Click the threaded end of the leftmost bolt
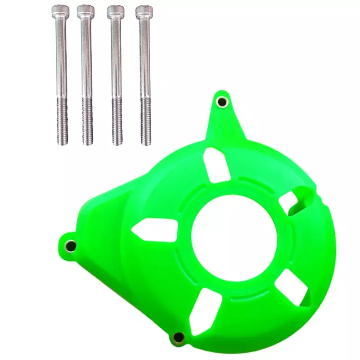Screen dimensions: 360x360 click(x=62, y=121)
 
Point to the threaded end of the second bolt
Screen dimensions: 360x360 click(x=87, y=121)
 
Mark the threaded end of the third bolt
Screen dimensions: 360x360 click(x=117, y=121)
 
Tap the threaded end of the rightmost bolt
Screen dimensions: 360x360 click(x=146, y=121)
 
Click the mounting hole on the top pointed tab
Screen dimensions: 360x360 click(x=222, y=102)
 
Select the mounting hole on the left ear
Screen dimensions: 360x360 click(x=71, y=245)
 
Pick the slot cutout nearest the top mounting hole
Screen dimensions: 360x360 click(x=216, y=164)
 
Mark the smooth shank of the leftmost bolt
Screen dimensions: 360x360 click(x=61, y=58)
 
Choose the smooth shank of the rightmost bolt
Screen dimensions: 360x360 click(x=145, y=58)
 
